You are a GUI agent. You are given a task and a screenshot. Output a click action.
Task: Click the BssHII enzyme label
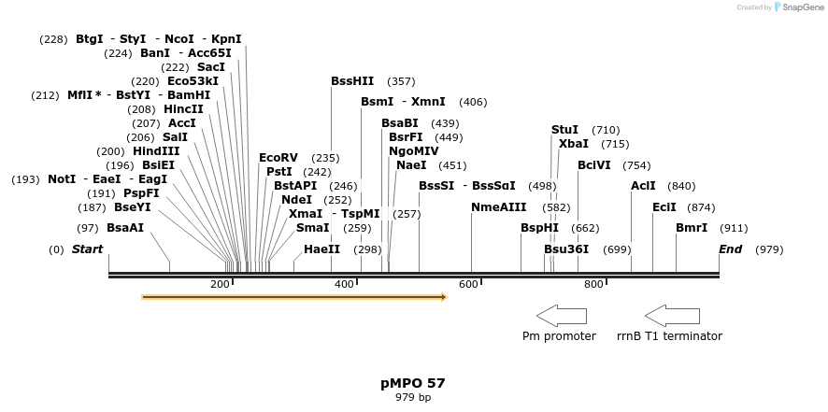tap(352, 81)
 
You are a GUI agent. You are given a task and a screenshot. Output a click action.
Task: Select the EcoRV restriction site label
tap(278, 158)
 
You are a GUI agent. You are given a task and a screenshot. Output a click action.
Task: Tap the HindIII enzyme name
tap(156, 151)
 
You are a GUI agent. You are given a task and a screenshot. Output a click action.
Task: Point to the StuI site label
tap(564, 130)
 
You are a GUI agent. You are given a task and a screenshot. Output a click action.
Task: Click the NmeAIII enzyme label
tap(498, 207)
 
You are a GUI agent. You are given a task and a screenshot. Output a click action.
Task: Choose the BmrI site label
tap(692, 228)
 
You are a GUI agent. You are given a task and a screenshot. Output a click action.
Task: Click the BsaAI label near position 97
tap(125, 228)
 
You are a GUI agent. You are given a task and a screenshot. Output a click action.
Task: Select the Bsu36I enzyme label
tap(566, 249)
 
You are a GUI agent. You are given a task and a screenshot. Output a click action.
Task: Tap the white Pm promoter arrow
tap(561, 316)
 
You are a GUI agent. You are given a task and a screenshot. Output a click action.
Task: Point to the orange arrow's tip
tap(445, 297)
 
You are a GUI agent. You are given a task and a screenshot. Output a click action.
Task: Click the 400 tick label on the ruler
tap(344, 284)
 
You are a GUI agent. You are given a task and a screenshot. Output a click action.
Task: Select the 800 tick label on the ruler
tap(593, 284)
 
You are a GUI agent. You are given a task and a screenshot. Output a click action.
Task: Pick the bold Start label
tap(87, 249)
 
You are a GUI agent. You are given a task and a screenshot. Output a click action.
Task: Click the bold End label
tap(730, 249)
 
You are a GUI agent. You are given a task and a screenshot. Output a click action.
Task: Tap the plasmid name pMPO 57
tap(413, 383)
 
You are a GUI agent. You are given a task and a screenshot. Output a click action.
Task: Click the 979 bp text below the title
tap(413, 397)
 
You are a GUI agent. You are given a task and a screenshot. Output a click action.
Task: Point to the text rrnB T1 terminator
tap(669, 336)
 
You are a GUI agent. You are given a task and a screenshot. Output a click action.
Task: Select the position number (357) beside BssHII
tap(401, 81)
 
